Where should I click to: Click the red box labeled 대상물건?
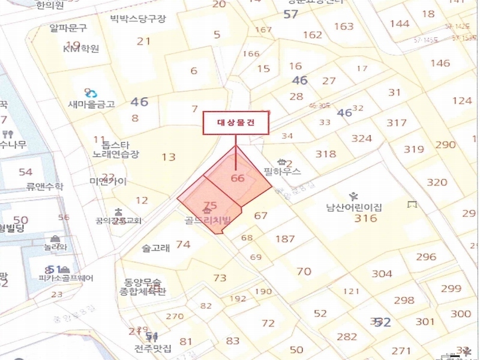(x=235, y=123)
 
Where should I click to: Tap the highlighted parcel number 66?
(x=238, y=178)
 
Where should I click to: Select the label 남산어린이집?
(x=354, y=208)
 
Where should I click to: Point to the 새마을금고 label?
(x=91, y=104)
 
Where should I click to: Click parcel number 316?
(x=365, y=218)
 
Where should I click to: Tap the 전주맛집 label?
(x=153, y=347)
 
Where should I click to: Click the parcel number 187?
(x=285, y=239)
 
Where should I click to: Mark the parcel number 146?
(x=440, y=63)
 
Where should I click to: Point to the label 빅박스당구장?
(x=137, y=18)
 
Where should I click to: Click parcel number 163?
(x=344, y=26)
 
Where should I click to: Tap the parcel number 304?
(x=382, y=274)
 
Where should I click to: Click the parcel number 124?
(x=461, y=100)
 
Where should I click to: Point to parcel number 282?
(x=347, y=337)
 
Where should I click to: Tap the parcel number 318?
(x=326, y=154)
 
